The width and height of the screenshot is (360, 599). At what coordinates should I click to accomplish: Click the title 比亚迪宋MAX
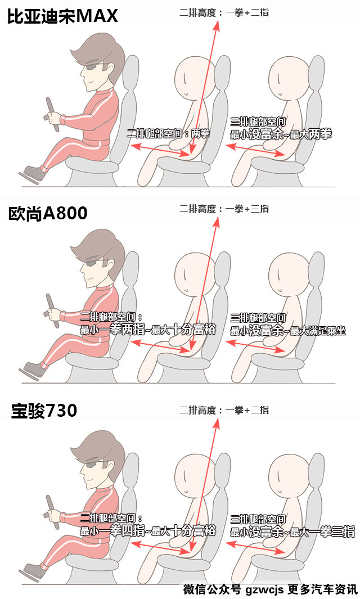(x=62, y=16)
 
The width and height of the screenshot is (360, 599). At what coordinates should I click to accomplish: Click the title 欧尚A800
(x=48, y=213)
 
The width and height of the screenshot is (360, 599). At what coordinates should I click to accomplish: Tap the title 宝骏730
(x=44, y=411)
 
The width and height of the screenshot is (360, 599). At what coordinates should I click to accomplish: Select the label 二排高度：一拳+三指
(x=224, y=209)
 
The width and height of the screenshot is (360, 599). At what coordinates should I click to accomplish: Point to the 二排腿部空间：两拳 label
(x=169, y=133)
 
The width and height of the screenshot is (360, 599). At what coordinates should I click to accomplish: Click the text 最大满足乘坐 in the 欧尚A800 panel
(x=318, y=331)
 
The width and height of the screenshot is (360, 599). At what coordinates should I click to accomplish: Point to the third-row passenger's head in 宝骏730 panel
(x=290, y=476)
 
